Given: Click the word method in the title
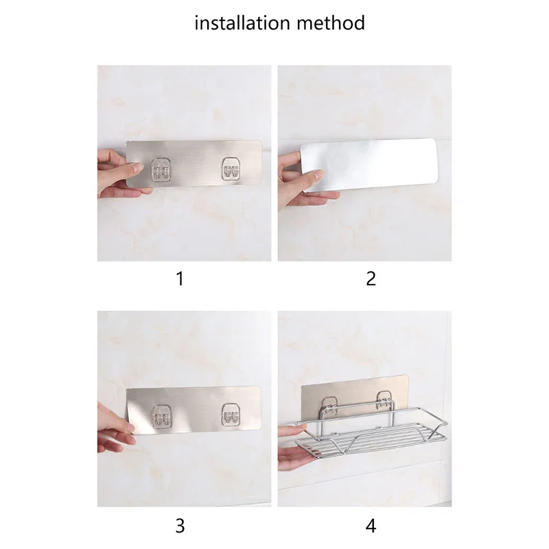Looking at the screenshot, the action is point(331,23).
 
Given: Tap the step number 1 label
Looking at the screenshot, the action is point(180,279).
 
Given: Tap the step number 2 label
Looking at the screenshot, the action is point(371,279).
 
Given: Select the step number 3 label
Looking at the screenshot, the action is point(180,526).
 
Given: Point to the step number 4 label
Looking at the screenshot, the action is point(371,526).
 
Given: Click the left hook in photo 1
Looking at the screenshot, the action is point(161,170).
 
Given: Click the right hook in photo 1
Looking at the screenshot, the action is point(232,169).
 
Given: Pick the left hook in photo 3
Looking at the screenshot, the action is point(161,417).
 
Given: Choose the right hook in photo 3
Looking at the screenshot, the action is point(232,415).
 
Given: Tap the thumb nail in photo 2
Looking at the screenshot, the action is point(319,174).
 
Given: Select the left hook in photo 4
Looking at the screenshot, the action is point(329,407).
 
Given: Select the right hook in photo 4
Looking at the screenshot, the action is point(384,401).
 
